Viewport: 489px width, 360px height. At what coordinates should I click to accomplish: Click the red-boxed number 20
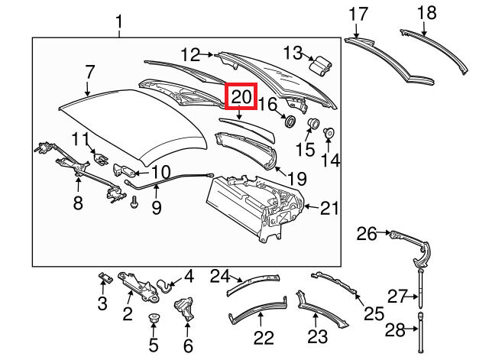pos(241,97)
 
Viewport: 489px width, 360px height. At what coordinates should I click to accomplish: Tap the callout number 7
pos(89,73)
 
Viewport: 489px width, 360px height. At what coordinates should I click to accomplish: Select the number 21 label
pos(329,206)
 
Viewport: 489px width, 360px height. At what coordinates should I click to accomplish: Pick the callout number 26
pos(367,233)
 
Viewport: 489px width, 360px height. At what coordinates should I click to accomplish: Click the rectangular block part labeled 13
pos(318,63)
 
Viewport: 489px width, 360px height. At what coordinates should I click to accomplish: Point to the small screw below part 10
pos(134,203)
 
